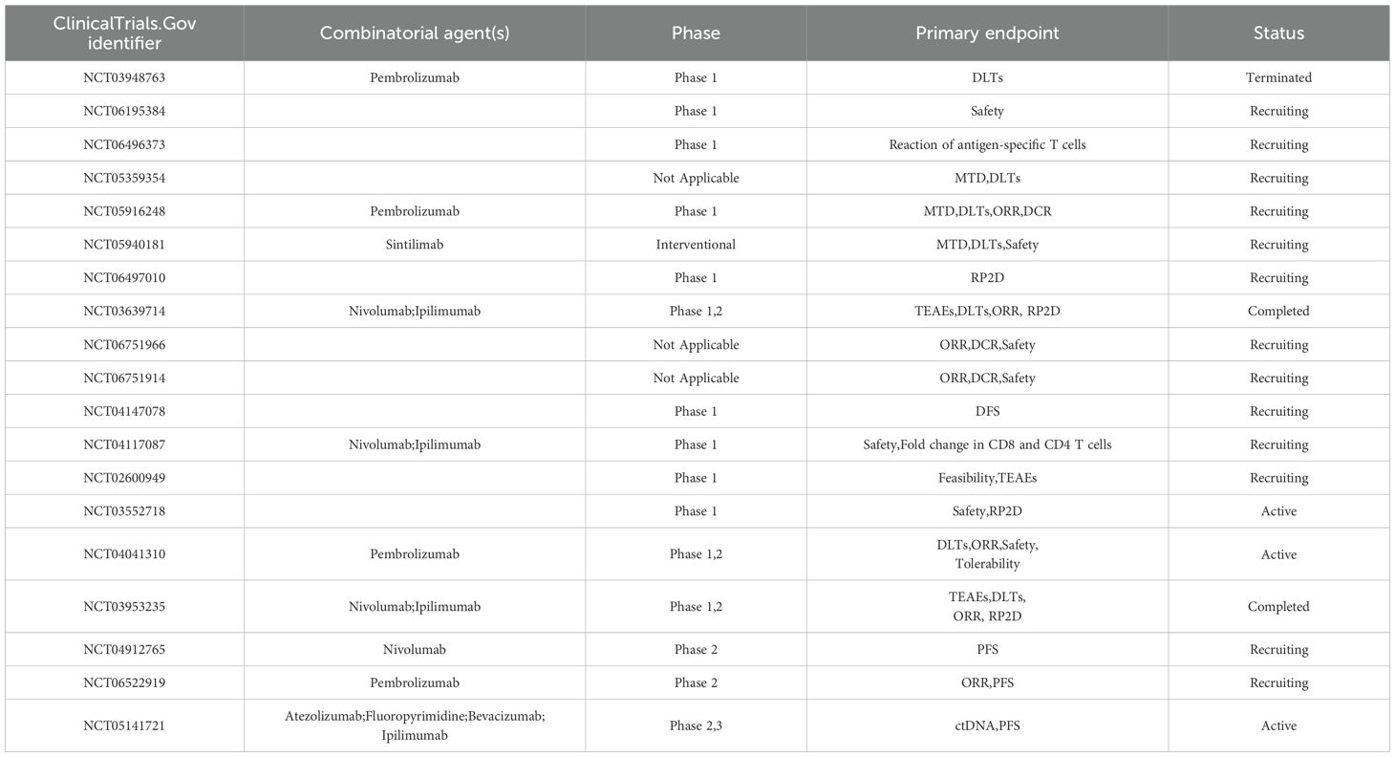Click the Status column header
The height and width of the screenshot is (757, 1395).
tap(1278, 32)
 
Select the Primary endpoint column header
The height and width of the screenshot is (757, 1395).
tap(987, 32)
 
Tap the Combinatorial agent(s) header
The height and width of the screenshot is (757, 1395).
tap(415, 32)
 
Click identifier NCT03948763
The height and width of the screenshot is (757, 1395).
tap(124, 77)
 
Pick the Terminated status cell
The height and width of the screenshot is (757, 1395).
tap(1278, 77)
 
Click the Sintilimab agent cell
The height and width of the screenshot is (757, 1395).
tap(415, 245)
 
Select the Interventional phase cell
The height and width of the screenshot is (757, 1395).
tap(696, 245)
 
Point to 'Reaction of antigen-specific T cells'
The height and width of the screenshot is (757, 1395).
tap(987, 144)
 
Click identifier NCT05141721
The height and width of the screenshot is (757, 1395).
tap(124, 725)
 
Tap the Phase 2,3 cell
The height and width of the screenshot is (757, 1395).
tap(696, 725)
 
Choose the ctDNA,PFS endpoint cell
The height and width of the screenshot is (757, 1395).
tap(987, 725)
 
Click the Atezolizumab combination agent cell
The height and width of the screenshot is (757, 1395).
tap(415, 725)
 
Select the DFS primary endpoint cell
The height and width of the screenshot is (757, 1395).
tap(987, 411)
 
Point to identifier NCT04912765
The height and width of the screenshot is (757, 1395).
tap(124, 650)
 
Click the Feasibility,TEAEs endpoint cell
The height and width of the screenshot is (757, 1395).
tap(987, 478)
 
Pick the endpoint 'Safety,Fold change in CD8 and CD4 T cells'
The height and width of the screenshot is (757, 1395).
tap(987, 444)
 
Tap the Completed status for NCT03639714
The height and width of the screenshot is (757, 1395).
tap(1278, 312)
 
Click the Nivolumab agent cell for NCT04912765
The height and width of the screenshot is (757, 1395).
tap(415, 650)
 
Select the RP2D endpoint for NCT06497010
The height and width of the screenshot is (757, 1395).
tap(987, 278)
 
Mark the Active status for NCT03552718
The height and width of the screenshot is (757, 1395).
tap(1278, 511)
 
